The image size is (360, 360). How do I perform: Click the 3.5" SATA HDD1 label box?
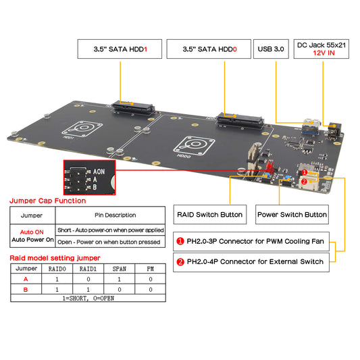click(x=120, y=49)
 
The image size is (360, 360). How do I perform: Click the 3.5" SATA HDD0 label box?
click(x=209, y=49)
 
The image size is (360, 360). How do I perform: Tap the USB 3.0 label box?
click(x=271, y=49)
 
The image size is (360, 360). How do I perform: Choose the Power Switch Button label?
click(x=292, y=215)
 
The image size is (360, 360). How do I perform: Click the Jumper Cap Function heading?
click(x=47, y=201)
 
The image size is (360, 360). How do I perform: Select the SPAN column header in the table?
click(x=119, y=269)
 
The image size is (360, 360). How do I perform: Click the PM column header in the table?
click(x=151, y=269)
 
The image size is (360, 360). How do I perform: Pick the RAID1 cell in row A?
click(x=87, y=278)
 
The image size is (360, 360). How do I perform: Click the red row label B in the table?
click(x=26, y=288)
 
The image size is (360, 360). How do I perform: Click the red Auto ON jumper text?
click(x=26, y=230)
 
